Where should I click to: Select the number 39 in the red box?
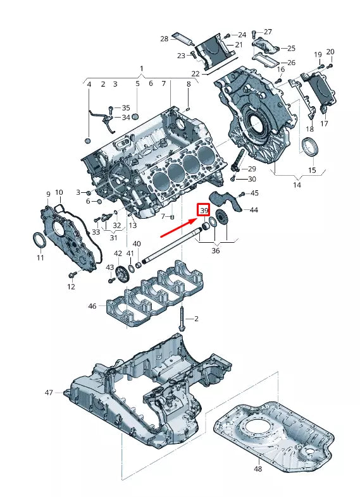pos(204,211)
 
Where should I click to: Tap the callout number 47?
pos(49,393)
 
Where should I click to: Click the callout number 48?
pos(258,469)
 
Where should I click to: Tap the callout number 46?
pos(92,306)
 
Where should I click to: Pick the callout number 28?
pos(164,39)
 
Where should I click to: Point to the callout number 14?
pos(297,185)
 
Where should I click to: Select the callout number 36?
pos(216,251)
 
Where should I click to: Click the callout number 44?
pos(253,210)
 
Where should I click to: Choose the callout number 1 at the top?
pos(141,68)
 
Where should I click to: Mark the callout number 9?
pos(47,193)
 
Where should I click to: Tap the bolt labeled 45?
pos(241,193)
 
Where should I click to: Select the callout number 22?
pos(196,74)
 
